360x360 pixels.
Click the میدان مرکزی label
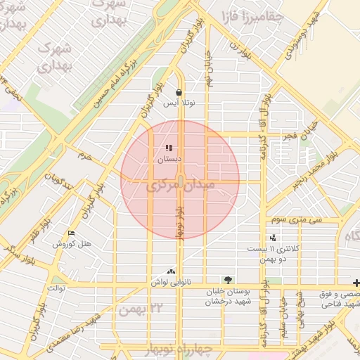tap(179, 188)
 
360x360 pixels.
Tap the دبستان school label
tap(168, 160)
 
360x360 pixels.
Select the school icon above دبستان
tap(168, 148)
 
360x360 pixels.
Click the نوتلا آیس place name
tap(179, 103)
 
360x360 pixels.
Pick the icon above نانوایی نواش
tap(170, 271)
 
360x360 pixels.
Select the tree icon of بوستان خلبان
tap(226, 280)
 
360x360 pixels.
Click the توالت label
tap(56, 288)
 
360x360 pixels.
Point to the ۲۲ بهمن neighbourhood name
tap(146, 308)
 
